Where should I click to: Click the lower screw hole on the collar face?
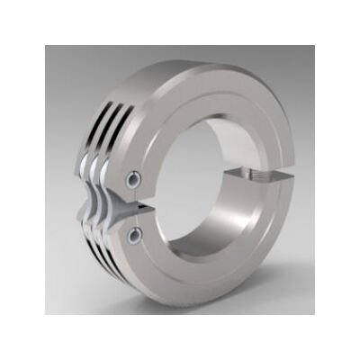point(134,236)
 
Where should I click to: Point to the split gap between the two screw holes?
point(135,208)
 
